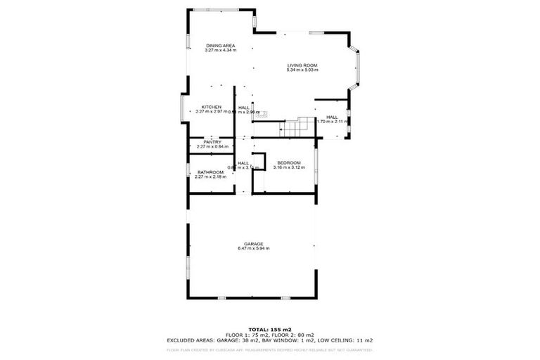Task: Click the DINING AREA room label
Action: (220, 46)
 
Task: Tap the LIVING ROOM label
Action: (302, 65)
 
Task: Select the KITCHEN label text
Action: (212, 107)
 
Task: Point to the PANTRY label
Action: (212, 142)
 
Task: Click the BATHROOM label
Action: (210, 172)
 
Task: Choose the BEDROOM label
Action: (288, 163)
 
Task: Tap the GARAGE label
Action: (254, 244)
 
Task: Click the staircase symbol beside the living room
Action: (292, 129)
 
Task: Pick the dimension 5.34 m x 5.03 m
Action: (302, 70)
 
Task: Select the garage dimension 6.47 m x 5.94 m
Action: (254, 249)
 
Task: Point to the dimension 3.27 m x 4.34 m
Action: (220, 51)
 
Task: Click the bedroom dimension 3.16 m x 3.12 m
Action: (288, 168)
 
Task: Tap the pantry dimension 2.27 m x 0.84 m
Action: (212, 146)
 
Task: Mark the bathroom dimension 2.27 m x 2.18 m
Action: (210, 177)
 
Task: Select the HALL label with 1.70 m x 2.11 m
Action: (332, 117)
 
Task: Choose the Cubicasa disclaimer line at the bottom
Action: (269, 349)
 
